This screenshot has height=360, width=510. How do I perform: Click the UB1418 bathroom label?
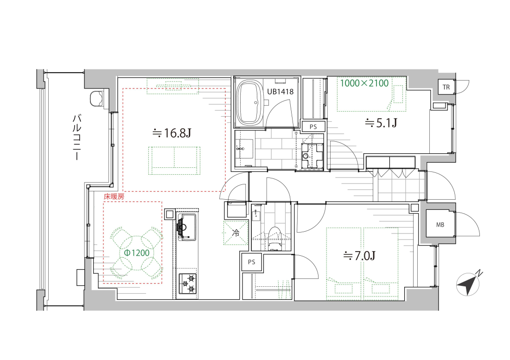(x=280, y=92)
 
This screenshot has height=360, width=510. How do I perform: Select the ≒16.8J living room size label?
(x=172, y=133)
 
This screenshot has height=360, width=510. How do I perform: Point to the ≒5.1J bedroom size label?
(x=381, y=123)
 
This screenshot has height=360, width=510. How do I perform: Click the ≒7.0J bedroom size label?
(x=360, y=256)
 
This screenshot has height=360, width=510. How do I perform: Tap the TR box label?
(x=446, y=87)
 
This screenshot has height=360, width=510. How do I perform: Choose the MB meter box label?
(x=440, y=225)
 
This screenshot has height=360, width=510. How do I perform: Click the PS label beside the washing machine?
(x=313, y=126)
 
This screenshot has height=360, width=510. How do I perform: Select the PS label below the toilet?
(x=251, y=262)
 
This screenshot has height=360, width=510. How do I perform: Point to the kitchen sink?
(x=186, y=227)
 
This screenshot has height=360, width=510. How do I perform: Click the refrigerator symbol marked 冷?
(x=236, y=233)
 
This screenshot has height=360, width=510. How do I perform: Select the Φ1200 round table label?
(x=137, y=253)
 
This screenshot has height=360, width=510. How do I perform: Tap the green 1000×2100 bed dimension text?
(x=364, y=83)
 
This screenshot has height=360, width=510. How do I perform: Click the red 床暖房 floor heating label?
(x=114, y=196)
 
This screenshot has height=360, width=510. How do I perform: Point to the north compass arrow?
(x=468, y=284)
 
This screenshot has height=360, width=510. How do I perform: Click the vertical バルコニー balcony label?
(x=76, y=137)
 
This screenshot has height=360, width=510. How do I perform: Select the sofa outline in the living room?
(x=174, y=161)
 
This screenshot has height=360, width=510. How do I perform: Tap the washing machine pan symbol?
(x=312, y=156)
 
